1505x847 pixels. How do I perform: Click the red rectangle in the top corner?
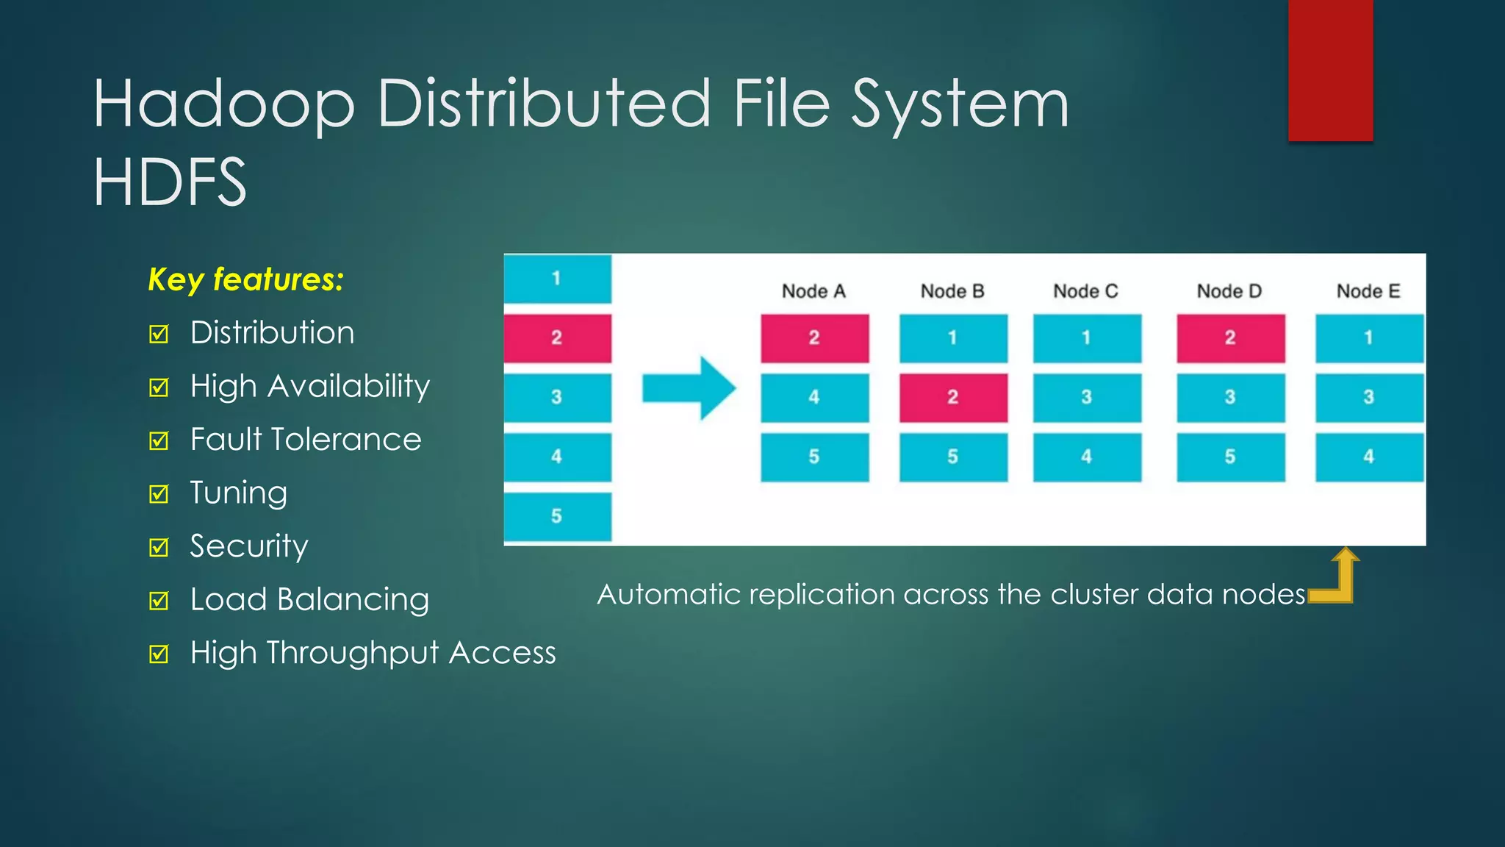pyautogui.click(x=1330, y=70)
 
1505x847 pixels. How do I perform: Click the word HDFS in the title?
pyautogui.click(x=170, y=182)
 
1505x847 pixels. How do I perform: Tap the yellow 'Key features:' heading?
pyautogui.click(x=245, y=279)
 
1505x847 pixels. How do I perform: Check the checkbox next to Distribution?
pyautogui.click(x=159, y=334)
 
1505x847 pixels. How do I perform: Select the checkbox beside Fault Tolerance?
pyautogui.click(x=159, y=440)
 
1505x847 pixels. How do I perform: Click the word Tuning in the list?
pyautogui.click(x=238, y=493)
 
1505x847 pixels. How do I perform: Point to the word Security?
pyautogui.click(x=248, y=546)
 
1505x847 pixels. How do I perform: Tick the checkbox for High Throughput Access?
pyautogui.click(x=159, y=654)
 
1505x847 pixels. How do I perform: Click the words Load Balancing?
pyautogui.click(x=309, y=599)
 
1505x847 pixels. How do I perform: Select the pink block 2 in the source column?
pyautogui.click(x=557, y=337)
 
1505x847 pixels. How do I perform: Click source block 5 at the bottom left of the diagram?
pyautogui.click(x=557, y=516)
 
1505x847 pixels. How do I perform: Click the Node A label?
pyautogui.click(x=813, y=291)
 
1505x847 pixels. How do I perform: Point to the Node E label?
pyautogui.click(x=1368, y=291)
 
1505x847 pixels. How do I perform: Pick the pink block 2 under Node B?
pyautogui.click(x=953, y=397)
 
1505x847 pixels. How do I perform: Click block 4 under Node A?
pyautogui.click(x=814, y=397)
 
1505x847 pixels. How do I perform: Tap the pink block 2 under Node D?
pyautogui.click(x=1230, y=337)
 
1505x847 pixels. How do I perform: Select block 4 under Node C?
pyautogui.click(x=1087, y=457)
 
